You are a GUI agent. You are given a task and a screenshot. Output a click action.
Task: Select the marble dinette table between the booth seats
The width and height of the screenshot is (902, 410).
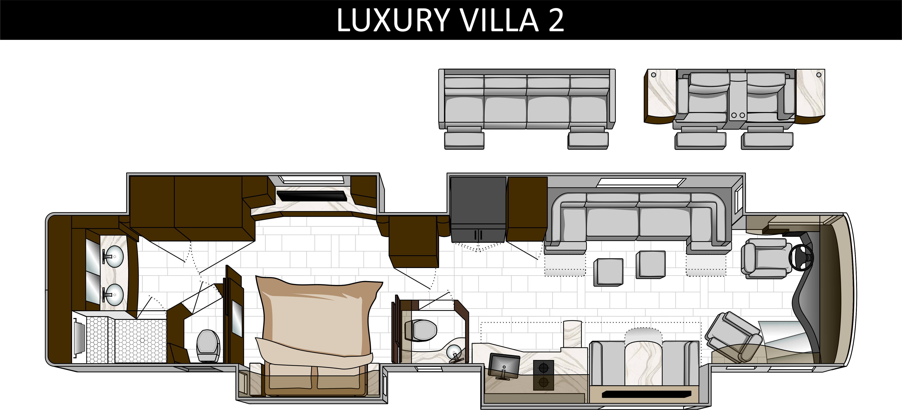click(x=644, y=357)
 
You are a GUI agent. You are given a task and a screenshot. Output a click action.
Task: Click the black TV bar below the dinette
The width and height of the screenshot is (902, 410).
click(x=646, y=394)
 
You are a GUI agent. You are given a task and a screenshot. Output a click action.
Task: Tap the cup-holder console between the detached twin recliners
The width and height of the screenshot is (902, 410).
click(x=737, y=98)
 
